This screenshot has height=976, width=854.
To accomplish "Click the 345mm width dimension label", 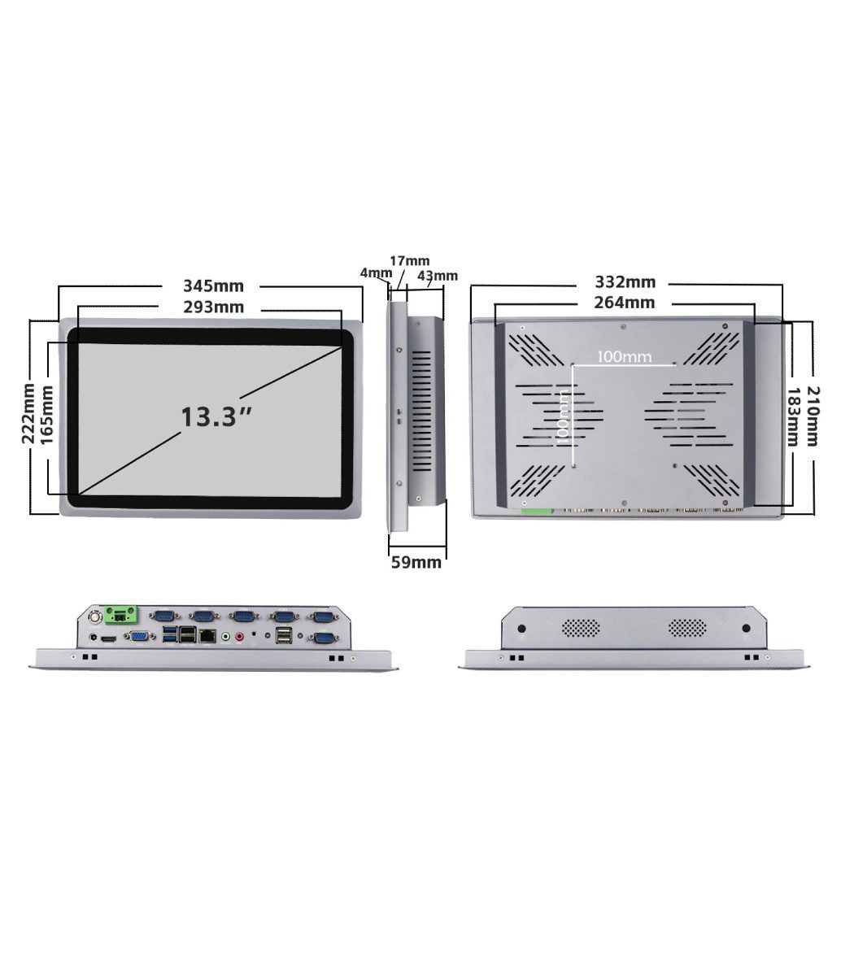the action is [x=213, y=285].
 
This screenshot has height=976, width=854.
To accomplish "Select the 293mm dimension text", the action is [x=213, y=307].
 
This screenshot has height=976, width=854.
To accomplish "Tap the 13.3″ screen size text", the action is [x=216, y=416].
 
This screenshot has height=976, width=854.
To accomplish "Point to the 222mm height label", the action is [x=28, y=413].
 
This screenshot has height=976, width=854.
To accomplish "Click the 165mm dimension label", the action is [x=46, y=415].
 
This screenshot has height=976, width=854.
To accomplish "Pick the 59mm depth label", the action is [x=416, y=562].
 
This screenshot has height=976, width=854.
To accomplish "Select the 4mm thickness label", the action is [x=376, y=272].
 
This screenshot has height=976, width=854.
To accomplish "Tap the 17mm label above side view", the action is [x=409, y=261].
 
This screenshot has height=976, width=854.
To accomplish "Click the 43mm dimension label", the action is [x=438, y=276].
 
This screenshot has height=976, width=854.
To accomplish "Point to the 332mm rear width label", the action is [x=625, y=282].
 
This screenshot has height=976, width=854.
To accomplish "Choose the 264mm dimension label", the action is [x=625, y=303].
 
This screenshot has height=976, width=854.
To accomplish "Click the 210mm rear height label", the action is [x=813, y=416].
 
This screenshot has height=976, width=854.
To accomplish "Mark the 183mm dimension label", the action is [x=793, y=417].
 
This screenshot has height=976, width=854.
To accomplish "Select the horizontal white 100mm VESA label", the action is [x=624, y=356].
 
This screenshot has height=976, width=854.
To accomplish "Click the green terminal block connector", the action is [x=121, y=615].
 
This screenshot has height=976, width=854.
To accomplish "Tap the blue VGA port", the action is [x=139, y=636].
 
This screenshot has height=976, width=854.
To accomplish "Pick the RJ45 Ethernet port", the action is [x=207, y=635].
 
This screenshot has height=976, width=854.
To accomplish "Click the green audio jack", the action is [x=226, y=636].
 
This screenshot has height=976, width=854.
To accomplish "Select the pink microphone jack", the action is [x=239, y=636].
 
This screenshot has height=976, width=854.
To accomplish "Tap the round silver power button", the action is [x=96, y=617].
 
